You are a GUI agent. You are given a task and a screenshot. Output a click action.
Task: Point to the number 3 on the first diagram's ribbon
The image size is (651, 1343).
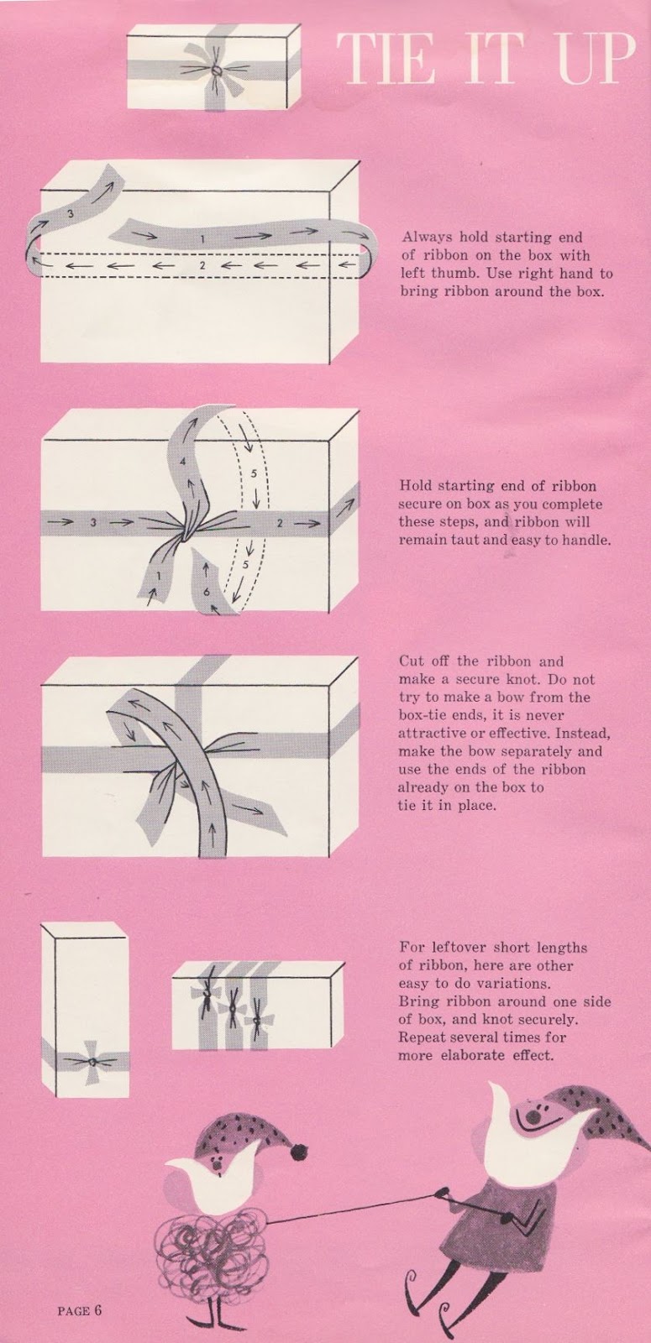[x=70, y=215]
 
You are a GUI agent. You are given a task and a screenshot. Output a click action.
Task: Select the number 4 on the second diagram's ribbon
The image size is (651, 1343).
[x=182, y=462]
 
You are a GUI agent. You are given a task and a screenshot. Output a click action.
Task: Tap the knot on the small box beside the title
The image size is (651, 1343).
[x=216, y=71]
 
